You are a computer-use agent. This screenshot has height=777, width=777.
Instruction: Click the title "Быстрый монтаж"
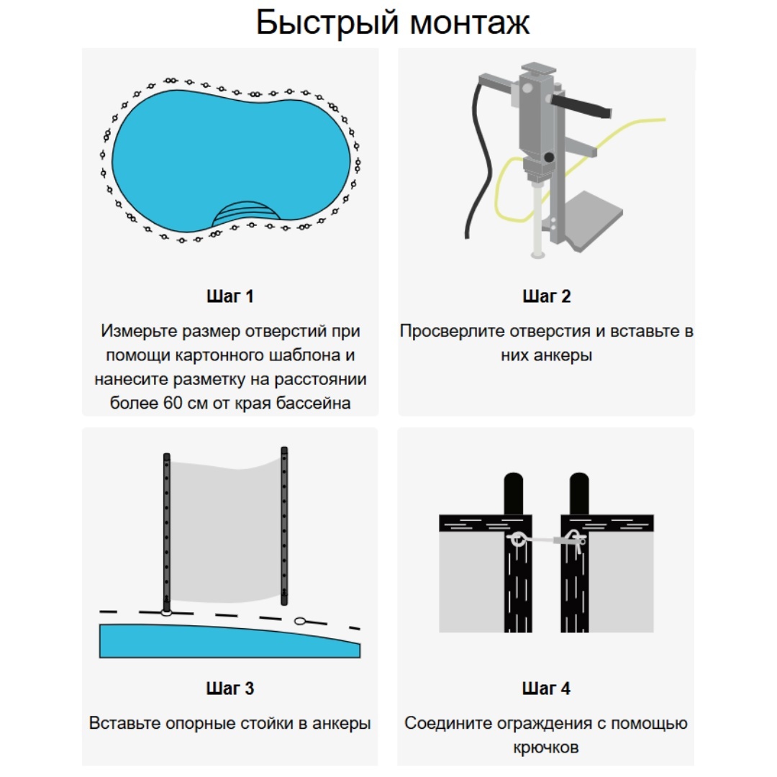pyautogui.click(x=393, y=22)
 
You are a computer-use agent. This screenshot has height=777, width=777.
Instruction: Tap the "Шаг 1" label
pyautogui.click(x=230, y=296)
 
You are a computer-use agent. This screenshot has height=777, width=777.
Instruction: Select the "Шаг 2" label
pyautogui.click(x=547, y=296)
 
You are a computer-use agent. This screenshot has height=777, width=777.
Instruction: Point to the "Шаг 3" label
pyautogui.click(x=230, y=689)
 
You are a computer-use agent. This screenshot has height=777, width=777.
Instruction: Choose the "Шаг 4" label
pyautogui.click(x=546, y=689)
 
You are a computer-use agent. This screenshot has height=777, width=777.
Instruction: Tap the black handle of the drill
pyautogui.click(x=581, y=106)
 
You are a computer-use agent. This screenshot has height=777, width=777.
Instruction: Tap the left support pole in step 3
pyautogui.click(x=166, y=532)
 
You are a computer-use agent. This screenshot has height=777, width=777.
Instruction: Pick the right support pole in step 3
pyautogui.click(x=284, y=525)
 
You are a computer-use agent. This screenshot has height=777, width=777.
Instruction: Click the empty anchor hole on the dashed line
pyautogui.click(x=300, y=621)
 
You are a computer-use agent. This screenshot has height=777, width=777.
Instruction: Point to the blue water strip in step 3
pyautogui.click(x=230, y=642)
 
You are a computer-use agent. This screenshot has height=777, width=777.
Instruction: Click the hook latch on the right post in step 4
pyautogui.click(x=575, y=540)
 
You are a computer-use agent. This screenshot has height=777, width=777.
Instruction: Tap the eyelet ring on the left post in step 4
pyautogui.click(x=517, y=539)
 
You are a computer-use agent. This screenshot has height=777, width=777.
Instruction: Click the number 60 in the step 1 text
pyautogui.click(x=173, y=403)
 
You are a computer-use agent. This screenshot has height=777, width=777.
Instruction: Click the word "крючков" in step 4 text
pyautogui.click(x=546, y=748)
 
